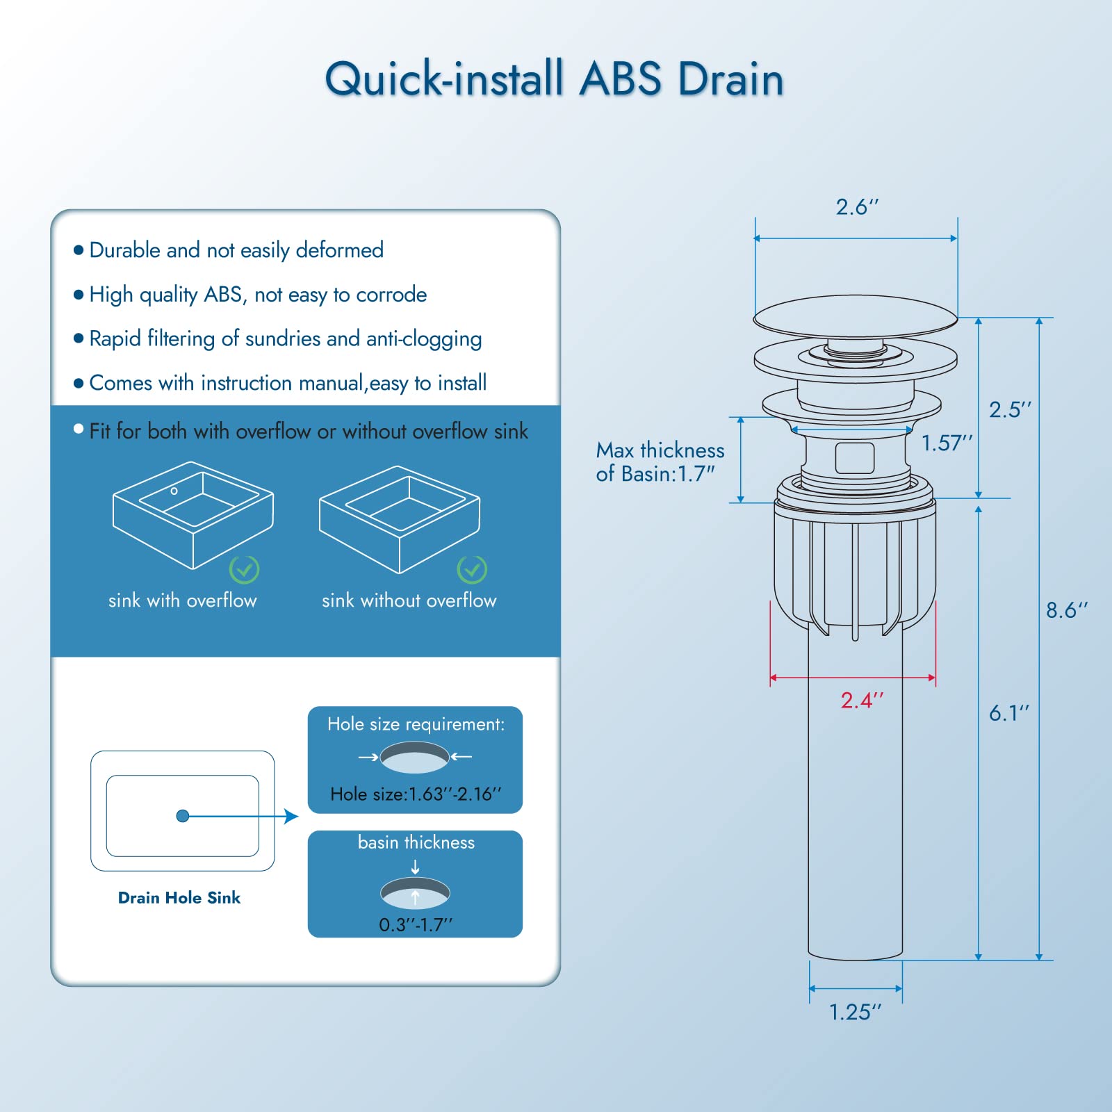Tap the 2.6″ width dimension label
(x=857, y=207)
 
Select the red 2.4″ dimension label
(x=862, y=700)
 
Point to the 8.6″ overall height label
(x=1066, y=610)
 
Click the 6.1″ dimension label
(x=1008, y=713)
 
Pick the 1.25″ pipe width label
(x=855, y=1012)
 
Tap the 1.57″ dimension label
(x=947, y=443)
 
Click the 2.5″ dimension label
(x=1010, y=409)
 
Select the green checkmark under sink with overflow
(x=244, y=570)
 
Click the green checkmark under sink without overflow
(x=472, y=570)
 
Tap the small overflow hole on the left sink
(x=174, y=491)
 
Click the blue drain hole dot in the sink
(x=183, y=816)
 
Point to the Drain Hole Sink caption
(x=179, y=898)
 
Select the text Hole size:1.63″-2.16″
(x=416, y=794)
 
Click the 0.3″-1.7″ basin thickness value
(x=416, y=925)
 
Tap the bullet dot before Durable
(x=79, y=250)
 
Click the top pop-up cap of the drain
(x=855, y=317)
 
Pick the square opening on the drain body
(x=855, y=458)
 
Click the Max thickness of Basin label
(x=660, y=461)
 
